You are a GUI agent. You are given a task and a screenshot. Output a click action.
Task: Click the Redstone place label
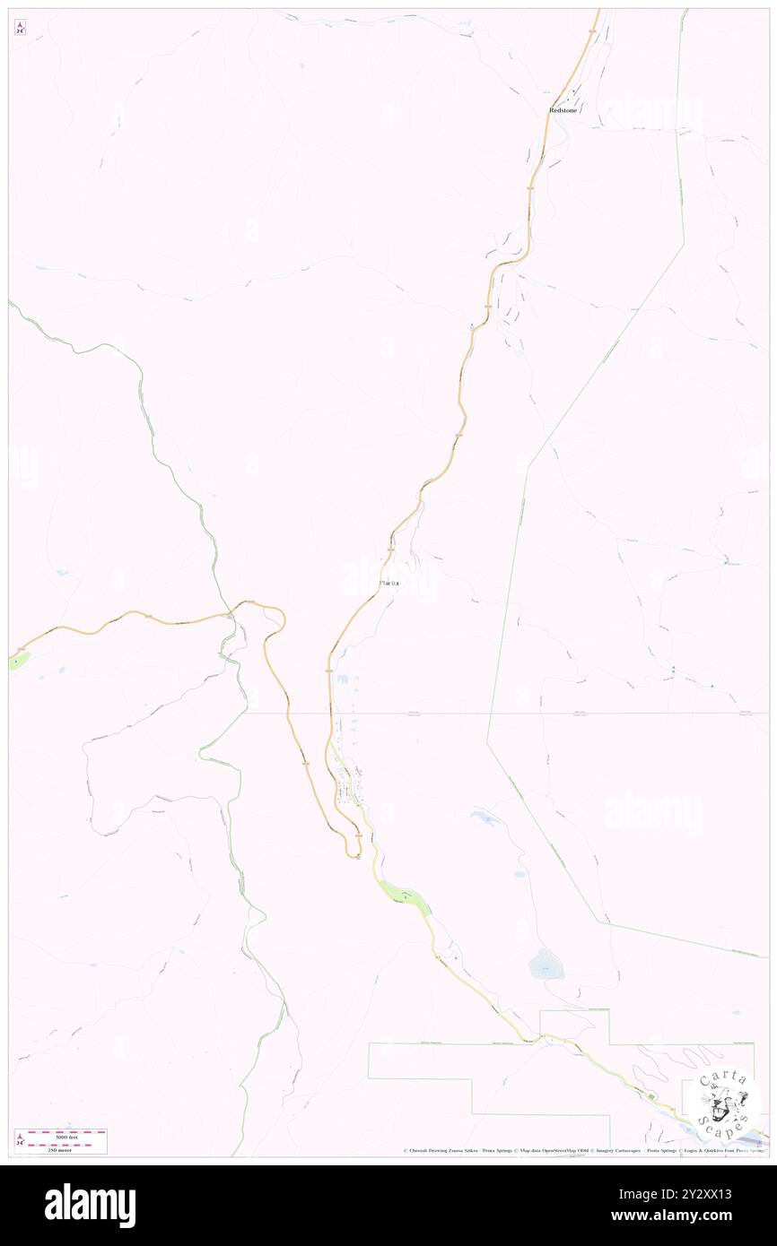(x=563, y=110)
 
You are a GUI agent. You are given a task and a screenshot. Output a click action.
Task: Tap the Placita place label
(x=388, y=584)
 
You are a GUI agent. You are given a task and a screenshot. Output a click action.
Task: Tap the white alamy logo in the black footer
(x=90, y=1206)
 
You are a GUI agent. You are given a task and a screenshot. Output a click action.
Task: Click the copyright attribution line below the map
(x=583, y=1151)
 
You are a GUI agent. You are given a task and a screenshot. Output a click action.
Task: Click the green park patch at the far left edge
(x=17, y=661)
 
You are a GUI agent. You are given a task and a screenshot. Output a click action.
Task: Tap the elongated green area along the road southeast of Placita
(x=400, y=894)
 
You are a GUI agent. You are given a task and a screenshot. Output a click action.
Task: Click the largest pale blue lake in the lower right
(x=546, y=965)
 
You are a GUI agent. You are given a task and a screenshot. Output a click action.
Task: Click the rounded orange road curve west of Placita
(x=278, y=615)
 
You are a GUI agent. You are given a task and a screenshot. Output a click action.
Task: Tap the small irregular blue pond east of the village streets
(x=485, y=817)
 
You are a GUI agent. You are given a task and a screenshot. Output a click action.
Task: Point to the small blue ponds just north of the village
(x=346, y=682)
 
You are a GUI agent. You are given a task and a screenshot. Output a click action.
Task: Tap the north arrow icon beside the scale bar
(x=20, y=1141)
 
